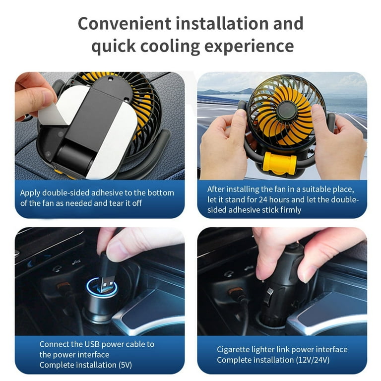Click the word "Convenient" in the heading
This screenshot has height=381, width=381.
[125, 23]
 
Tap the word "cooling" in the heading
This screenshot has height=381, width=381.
[170, 46]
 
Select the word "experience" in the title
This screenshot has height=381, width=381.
[249, 47]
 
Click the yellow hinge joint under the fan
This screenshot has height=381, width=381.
[279, 162]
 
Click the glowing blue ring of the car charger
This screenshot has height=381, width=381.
[102, 287]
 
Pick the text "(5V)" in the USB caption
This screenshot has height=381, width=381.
[125, 365]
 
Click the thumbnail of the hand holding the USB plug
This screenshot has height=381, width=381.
[100, 282]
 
